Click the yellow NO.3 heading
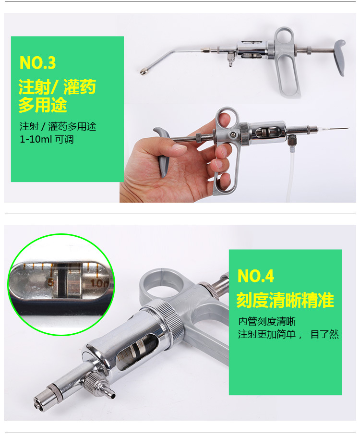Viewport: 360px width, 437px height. tap(37, 63)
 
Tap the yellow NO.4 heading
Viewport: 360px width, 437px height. tap(255, 276)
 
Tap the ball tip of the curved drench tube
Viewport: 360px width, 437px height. tap(144, 73)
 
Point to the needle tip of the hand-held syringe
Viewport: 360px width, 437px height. tap(347, 129)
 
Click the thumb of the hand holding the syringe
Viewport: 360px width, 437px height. tap(176, 148)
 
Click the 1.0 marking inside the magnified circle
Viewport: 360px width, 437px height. tap(100, 283)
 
